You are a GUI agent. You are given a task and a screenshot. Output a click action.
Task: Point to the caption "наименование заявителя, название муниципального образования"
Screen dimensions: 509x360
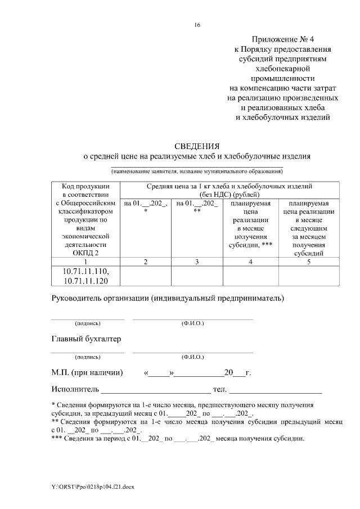[197, 170]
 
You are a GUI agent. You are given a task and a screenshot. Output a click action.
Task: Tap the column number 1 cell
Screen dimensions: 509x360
[85, 262]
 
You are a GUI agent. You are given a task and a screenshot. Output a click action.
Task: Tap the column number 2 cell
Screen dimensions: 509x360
[146, 262]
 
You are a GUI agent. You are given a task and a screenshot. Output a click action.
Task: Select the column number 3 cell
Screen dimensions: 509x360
[196, 262]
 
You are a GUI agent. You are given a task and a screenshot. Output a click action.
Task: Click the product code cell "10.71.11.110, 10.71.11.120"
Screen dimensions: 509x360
[85, 276]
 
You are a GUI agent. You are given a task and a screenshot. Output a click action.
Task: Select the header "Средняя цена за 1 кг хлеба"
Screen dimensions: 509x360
[229, 186]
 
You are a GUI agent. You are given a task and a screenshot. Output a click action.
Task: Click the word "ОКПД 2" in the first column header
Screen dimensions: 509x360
[85, 253]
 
